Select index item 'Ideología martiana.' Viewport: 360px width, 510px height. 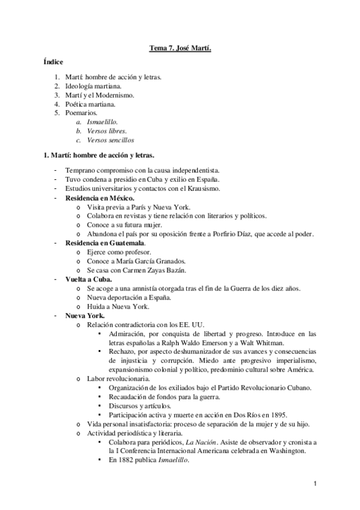pos(96,86)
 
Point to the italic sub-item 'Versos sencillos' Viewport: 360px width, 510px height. pos(110,140)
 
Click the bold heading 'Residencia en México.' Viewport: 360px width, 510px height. pos(100,198)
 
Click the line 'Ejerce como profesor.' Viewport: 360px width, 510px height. pos(118,251)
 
